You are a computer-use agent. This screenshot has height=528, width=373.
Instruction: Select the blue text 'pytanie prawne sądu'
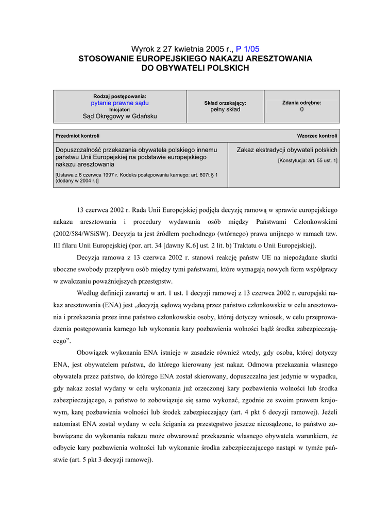[x=120, y=103]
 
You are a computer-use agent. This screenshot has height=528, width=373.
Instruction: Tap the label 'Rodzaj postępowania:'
[x=120, y=96]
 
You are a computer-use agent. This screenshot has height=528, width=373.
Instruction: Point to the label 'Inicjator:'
[x=120, y=109]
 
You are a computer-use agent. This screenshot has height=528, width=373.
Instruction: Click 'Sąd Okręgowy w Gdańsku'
[x=120, y=116]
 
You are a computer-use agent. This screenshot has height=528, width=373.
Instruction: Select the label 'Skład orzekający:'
[x=225, y=103]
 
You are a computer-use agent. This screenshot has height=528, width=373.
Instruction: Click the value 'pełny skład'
[x=225, y=109]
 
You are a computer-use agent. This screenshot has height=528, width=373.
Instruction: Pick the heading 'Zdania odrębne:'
[x=302, y=103]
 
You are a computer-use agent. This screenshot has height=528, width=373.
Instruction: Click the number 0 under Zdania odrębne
[x=302, y=109]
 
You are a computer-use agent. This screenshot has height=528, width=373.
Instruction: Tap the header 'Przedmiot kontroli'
[x=77, y=136]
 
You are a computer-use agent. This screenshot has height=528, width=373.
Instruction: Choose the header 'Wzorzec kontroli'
[x=317, y=136]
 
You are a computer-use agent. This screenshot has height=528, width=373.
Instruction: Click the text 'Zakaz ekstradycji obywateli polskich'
[x=287, y=150]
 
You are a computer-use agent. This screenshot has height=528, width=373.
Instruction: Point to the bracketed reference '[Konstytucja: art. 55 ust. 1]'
[x=308, y=160]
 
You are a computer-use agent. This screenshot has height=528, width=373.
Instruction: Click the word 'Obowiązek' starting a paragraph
[x=92, y=353]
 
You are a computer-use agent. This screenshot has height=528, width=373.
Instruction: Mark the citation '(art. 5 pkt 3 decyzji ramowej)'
[x=111, y=459]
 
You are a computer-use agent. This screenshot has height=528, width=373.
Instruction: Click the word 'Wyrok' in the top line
[x=142, y=49]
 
